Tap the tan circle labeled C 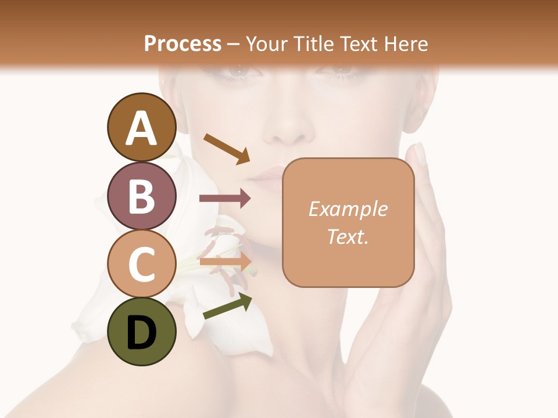pos(141,264)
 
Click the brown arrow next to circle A pos(227,148)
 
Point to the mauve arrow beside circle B pos(225,199)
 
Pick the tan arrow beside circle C pos(227,261)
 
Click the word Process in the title pos(183,44)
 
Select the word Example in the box pos(348,209)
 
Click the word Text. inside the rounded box pos(348,237)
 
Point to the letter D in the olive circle pos(141,334)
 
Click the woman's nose pos(285,131)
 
